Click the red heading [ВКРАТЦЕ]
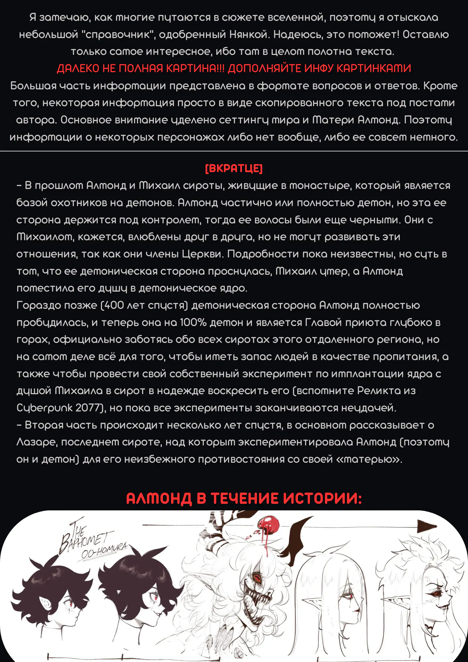coord(234,168)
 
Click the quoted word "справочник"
coord(118,34)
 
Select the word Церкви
coord(203,254)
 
